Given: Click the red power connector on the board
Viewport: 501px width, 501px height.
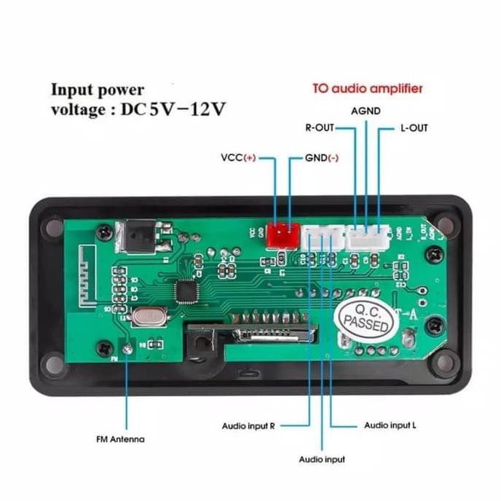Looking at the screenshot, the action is click(x=282, y=234).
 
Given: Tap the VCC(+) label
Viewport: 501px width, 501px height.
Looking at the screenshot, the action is click(x=239, y=157).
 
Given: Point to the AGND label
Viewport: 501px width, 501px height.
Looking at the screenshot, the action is click(x=366, y=111).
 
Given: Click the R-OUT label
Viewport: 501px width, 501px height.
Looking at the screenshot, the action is click(x=319, y=128).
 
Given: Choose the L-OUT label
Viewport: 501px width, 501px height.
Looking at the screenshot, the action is click(x=414, y=128).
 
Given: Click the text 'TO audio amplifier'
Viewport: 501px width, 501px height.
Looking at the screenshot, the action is click(x=367, y=89).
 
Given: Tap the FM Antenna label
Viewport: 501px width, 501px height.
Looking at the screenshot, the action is click(x=120, y=439).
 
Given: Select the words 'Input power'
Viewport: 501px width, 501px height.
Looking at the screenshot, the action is click(x=97, y=90).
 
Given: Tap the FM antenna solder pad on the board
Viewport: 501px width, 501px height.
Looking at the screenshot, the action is click(x=128, y=350).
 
